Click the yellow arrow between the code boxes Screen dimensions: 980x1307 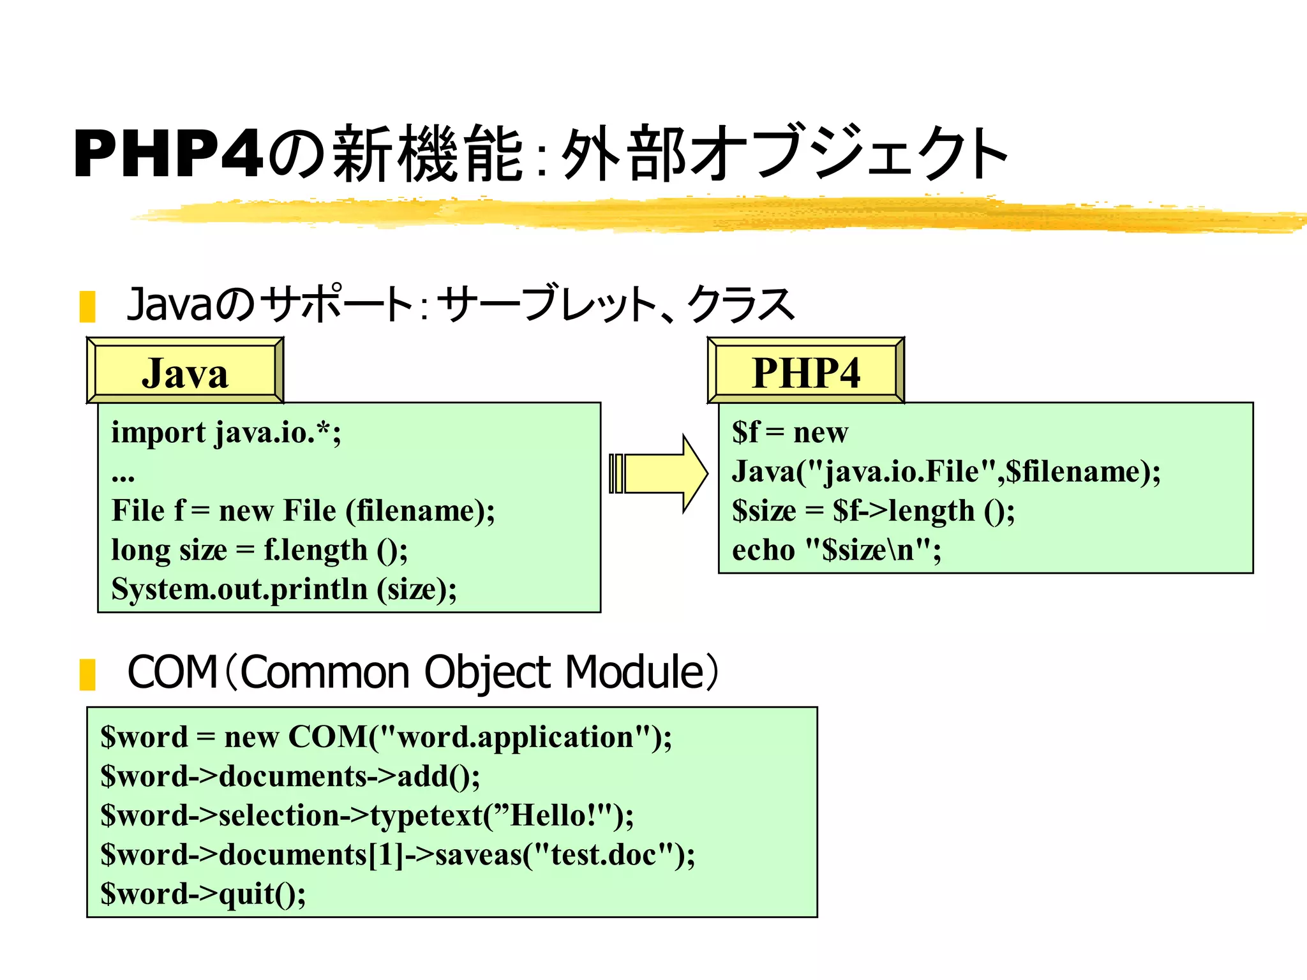[x=661, y=473]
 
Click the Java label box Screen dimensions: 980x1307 [x=185, y=372]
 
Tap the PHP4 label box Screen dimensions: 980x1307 [x=805, y=372]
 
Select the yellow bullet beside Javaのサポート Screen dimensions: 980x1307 [x=87, y=306]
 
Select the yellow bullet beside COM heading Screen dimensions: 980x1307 [x=87, y=674]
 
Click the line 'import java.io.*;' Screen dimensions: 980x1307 [x=226, y=433]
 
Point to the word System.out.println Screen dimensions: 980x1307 [x=239, y=589]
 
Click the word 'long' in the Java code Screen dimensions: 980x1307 [x=137, y=550]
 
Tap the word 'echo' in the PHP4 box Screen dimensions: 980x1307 [x=763, y=550]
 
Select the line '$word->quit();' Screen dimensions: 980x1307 [x=203, y=894]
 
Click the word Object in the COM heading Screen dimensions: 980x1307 [x=487, y=672]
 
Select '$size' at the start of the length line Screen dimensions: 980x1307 [x=764, y=511]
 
